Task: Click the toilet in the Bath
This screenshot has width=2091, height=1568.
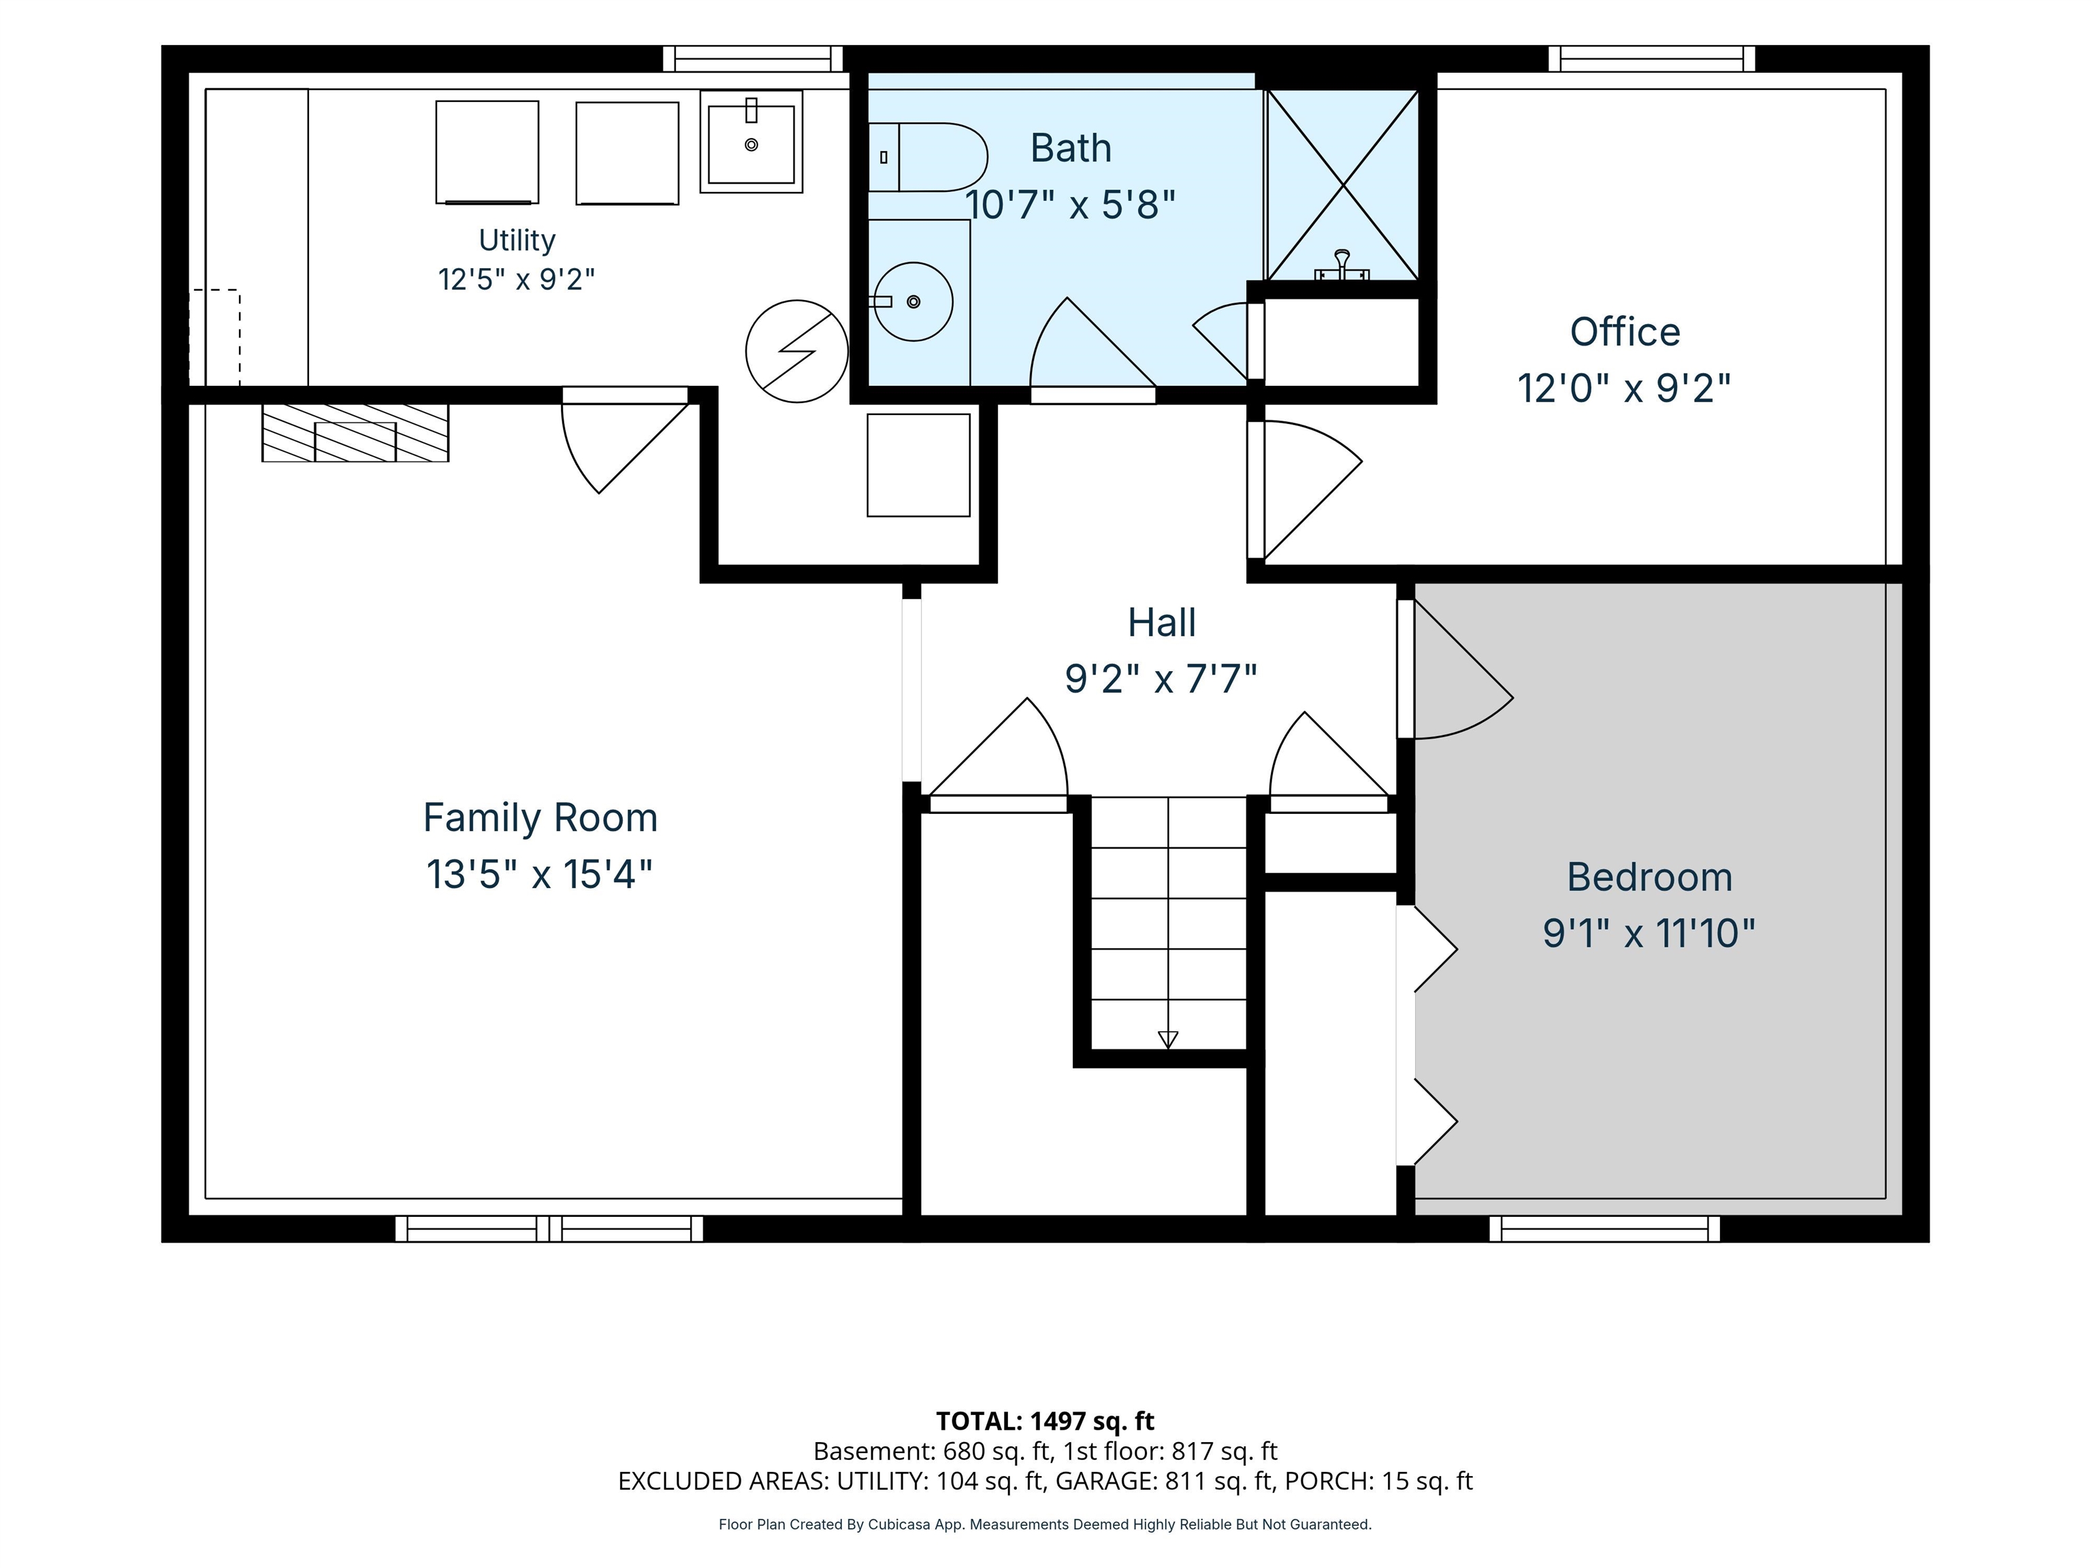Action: pos(927,157)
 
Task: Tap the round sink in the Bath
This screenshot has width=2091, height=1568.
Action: pos(913,301)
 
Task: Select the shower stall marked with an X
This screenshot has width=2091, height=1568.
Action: pos(1342,185)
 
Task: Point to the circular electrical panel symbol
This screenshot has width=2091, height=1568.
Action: pos(797,352)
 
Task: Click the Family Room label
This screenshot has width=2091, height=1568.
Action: pos(540,817)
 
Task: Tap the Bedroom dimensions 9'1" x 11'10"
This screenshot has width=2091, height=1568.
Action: pos(1649,934)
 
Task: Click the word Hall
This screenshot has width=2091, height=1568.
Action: pos(1162,623)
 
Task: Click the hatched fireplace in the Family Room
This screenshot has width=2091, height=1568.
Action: pos(355,433)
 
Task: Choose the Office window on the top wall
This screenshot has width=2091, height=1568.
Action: pos(1651,59)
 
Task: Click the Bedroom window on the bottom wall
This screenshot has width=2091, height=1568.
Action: pos(1605,1228)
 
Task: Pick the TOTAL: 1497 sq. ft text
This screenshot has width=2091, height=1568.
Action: pos(1045,1420)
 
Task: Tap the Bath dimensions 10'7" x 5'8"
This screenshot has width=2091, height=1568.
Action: pos(1070,204)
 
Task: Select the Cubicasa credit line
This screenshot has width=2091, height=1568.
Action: pos(1045,1524)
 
